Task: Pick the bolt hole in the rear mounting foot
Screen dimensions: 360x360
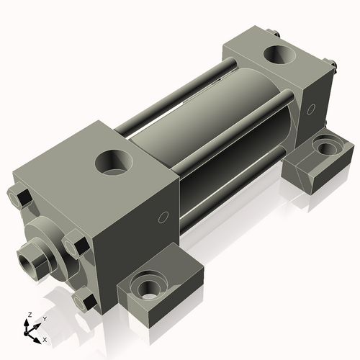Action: click(x=326, y=149)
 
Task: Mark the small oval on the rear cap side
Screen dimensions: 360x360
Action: click(x=312, y=110)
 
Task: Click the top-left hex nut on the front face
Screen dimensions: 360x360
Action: click(x=19, y=196)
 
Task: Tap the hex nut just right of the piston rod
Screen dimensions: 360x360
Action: click(x=72, y=246)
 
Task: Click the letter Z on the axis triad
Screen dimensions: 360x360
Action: click(x=29, y=315)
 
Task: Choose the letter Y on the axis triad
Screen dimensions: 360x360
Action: click(x=44, y=318)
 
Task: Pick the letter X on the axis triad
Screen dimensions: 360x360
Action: click(x=45, y=338)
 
